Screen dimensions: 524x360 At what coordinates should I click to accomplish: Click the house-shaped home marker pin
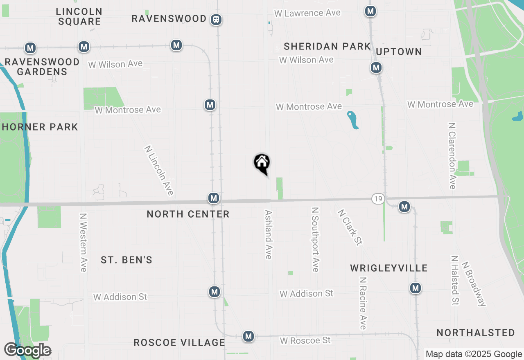click(x=262, y=163)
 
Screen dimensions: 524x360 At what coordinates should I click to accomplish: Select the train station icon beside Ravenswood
click(x=216, y=19)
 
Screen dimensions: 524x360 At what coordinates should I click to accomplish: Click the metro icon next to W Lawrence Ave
click(x=370, y=11)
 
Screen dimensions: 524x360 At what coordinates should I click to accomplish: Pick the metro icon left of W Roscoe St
click(x=248, y=336)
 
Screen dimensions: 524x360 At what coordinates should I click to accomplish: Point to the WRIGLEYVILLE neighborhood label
click(x=389, y=268)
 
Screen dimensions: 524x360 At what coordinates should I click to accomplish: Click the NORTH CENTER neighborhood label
click(x=188, y=214)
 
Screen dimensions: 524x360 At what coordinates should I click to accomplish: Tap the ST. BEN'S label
click(x=126, y=260)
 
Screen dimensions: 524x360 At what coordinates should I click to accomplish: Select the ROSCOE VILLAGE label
click(x=179, y=342)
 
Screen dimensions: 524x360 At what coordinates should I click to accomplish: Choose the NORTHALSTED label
click(x=476, y=333)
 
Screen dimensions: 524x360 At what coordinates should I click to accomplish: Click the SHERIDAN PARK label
click(x=327, y=46)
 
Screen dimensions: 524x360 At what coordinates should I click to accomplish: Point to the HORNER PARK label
click(x=40, y=127)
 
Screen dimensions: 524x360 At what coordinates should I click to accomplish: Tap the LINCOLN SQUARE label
click(x=79, y=16)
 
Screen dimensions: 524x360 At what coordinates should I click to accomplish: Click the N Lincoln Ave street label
click(x=159, y=170)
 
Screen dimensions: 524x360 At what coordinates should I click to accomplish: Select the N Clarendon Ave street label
click(x=452, y=156)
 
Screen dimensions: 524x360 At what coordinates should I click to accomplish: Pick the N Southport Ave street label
click(x=315, y=239)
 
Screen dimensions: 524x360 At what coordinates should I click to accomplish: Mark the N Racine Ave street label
click(x=362, y=303)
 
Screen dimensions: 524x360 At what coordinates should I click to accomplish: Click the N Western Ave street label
click(x=84, y=242)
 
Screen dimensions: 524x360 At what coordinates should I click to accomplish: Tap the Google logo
click(x=27, y=351)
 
